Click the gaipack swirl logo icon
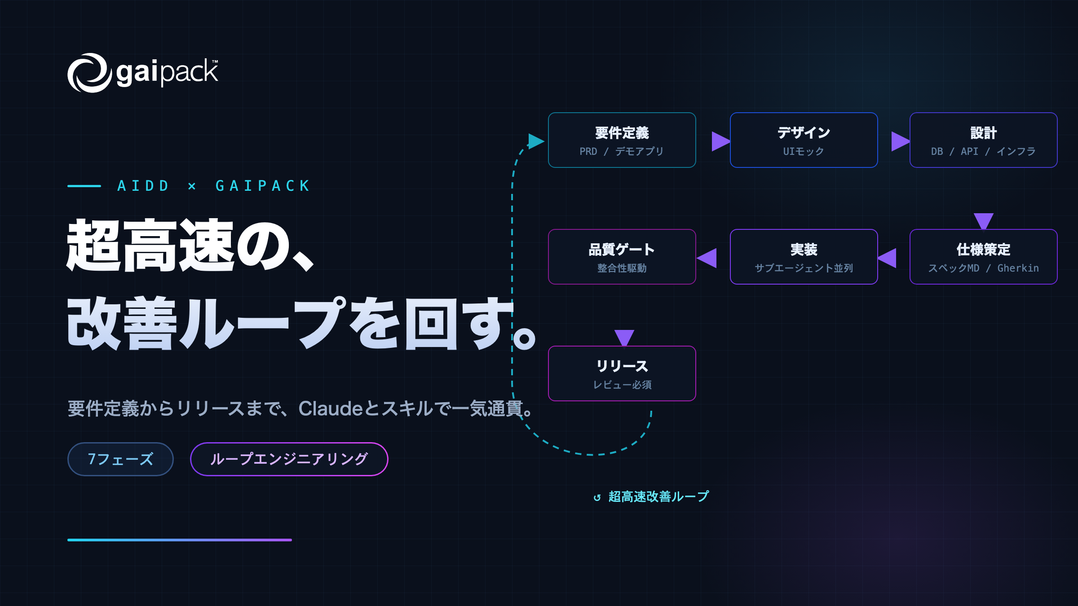point(89,73)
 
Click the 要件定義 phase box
point(622,140)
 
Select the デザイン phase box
point(804,140)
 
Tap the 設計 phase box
point(983,140)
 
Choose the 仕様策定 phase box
point(983,257)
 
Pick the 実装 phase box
point(804,257)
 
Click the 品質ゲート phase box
point(622,257)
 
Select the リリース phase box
point(622,373)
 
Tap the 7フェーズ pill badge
point(120,459)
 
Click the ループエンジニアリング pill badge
point(289,459)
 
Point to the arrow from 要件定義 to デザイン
point(721,141)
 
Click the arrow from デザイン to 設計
point(901,141)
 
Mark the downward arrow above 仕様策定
point(984,221)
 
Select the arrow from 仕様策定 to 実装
point(887,258)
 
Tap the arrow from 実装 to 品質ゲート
point(707,258)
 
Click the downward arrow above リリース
point(624,338)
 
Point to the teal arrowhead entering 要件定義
point(536,141)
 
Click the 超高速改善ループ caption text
point(658,496)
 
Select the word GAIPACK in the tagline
point(263,186)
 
